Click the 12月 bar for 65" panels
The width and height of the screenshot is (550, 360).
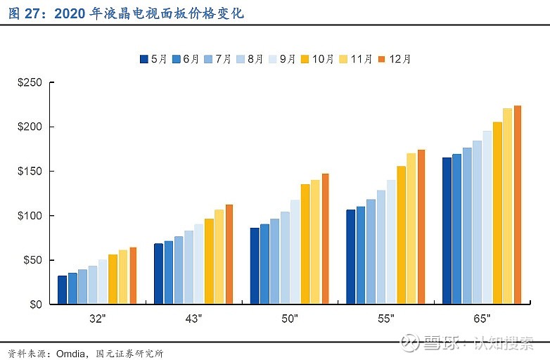[518, 205]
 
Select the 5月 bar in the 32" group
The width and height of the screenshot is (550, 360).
[62, 290]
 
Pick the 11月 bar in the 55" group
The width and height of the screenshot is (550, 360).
[411, 229]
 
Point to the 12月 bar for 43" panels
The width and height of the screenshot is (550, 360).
[229, 254]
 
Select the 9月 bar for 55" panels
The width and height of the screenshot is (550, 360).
[391, 242]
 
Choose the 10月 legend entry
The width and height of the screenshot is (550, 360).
[317, 59]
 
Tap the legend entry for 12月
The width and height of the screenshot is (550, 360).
[394, 59]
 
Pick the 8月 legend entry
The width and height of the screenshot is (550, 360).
[251, 59]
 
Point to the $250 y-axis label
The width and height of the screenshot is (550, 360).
[30, 83]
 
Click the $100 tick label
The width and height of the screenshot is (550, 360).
[30, 216]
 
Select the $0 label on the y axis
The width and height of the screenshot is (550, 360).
[35, 304]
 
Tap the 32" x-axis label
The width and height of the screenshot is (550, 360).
[97, 319]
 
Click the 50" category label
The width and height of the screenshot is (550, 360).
[289, 319]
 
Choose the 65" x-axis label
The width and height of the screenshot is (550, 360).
[481, 319]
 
